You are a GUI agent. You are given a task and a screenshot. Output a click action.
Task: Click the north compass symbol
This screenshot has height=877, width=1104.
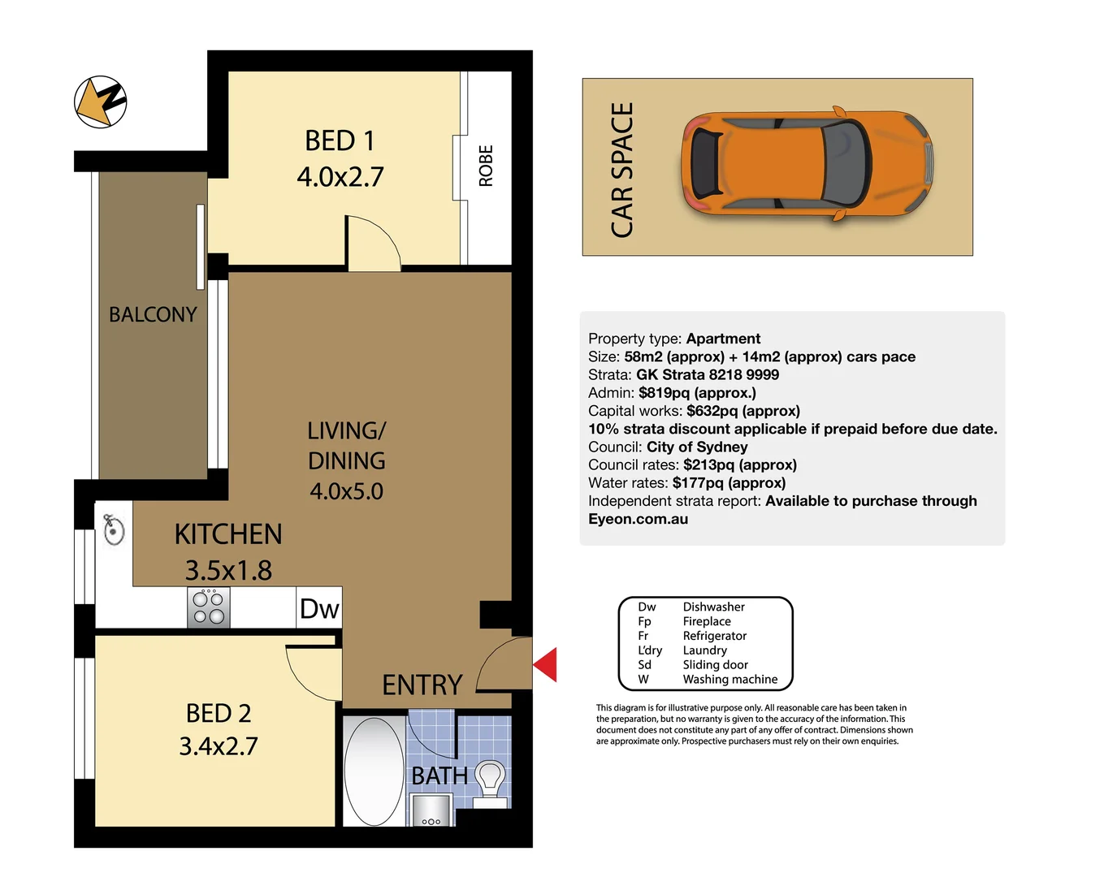pos(101,102)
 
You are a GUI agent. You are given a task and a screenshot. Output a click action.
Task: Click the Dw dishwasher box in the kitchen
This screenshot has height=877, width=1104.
pos(319,608)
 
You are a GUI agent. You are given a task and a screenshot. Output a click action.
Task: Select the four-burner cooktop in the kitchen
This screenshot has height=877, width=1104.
pos(209,608)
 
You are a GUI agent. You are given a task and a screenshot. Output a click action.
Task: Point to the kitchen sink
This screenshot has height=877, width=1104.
pos(114,530)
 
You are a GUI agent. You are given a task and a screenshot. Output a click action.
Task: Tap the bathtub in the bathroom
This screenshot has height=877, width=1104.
pos(374,770)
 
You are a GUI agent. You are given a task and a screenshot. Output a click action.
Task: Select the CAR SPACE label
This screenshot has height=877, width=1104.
pos(622,171)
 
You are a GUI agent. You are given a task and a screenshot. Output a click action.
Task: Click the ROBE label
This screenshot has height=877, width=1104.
pos(486,166)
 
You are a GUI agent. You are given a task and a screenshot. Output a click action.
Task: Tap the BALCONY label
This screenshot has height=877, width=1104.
pos(153,314)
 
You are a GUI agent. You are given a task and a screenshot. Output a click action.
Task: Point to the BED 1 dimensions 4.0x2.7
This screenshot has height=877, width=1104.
pos(340,177)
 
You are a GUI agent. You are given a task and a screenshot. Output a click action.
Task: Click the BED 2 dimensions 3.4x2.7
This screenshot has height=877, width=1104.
pos(219,746)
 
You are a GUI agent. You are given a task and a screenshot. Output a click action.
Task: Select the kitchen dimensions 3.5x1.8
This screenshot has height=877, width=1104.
pos(228,570)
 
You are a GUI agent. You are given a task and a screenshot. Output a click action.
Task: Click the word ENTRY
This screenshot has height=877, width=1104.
pos(422,685)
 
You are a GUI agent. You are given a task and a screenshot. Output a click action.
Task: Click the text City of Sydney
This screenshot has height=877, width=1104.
pos(696,447)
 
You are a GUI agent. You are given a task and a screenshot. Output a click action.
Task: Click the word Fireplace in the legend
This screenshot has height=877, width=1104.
pos(706,621)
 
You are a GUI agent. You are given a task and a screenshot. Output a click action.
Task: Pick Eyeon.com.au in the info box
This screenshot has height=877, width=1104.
pos(638,519)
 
